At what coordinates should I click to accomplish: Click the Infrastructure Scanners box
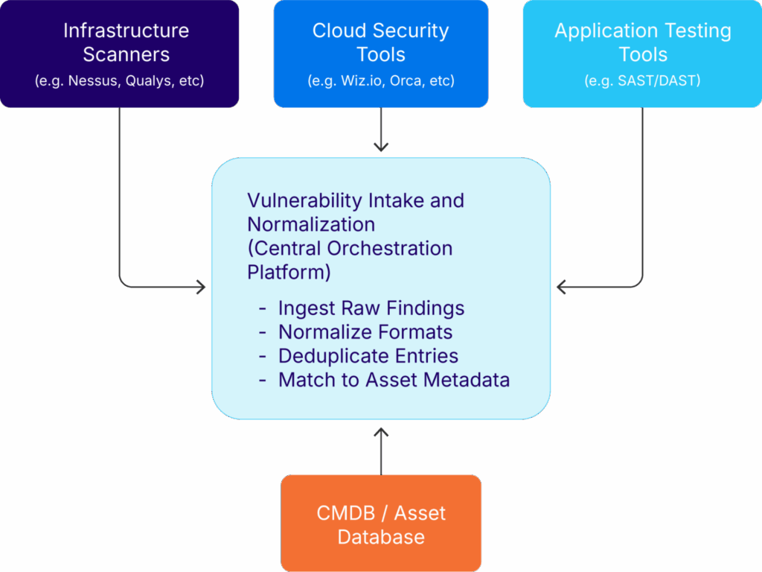(x=120, y=54)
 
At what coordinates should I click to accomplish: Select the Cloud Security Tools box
(x=381, y=54)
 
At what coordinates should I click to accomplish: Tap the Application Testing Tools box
(x=642, y=54)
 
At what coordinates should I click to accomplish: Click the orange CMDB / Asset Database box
(x=381, y=524)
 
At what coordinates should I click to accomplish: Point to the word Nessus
(x=92, y=80)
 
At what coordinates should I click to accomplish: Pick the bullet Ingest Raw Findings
(x=371, y=308)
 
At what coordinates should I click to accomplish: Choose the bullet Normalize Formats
(x=365, y=332)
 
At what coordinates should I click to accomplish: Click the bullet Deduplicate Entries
(x=368, y=356)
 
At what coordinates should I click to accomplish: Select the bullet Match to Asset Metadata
(x=394, y=380)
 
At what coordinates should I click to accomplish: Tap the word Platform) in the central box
(x=289, y=272)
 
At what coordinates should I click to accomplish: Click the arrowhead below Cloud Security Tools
(x=381, y=147)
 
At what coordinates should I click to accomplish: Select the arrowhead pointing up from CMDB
(x=381, y=432)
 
